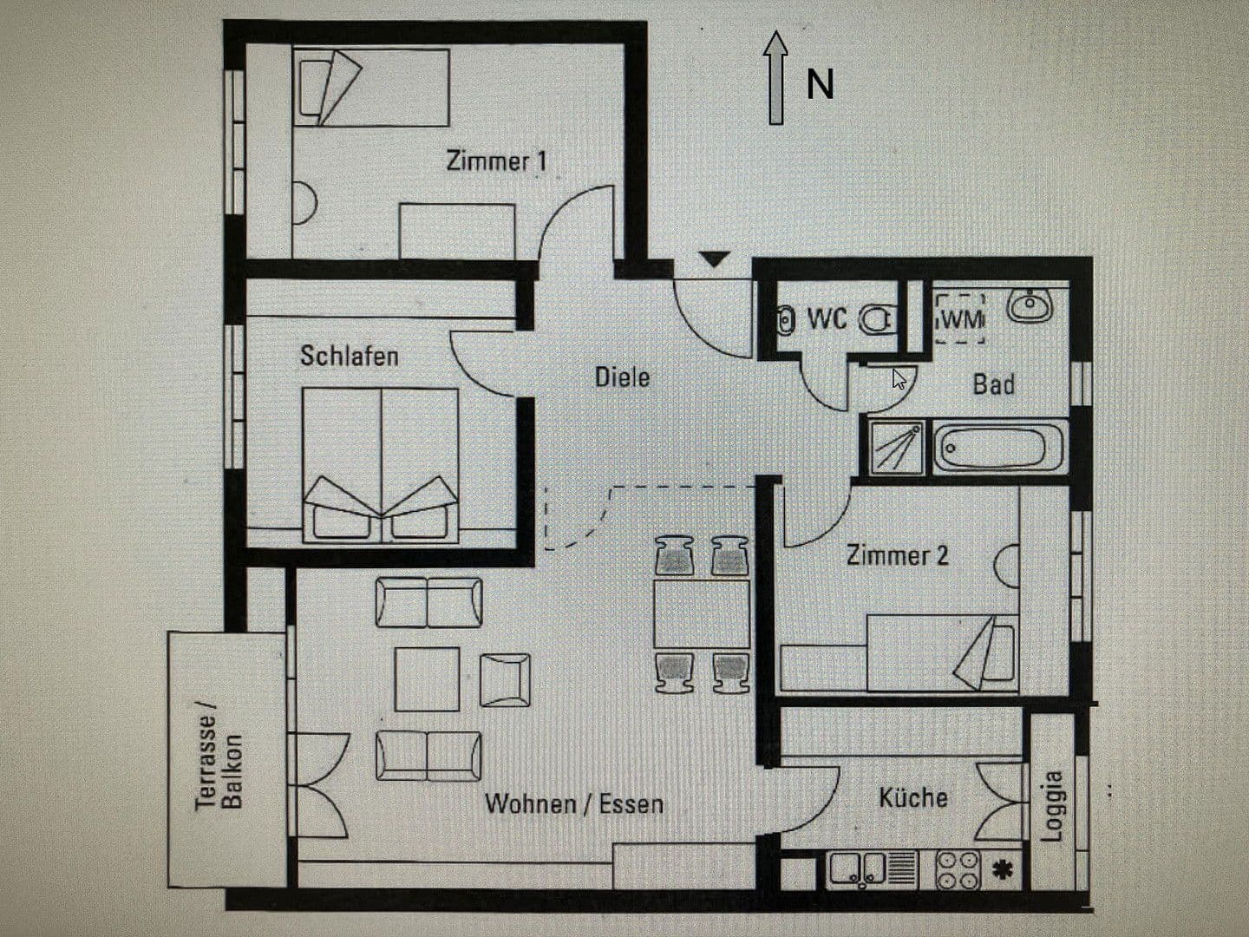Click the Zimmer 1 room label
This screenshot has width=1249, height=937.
click(496, 161)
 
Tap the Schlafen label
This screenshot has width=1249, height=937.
click(349, 356)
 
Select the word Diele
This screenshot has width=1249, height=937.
click(622, 377)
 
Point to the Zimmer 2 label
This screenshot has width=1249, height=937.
click(897, 555)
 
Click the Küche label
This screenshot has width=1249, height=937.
click(912, 797)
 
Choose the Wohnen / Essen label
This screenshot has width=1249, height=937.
click(573, 804)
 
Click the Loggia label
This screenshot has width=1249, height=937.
click(1051, 806)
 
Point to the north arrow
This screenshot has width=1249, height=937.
click(775, 78)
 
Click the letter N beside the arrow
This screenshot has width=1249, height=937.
click(821, 85)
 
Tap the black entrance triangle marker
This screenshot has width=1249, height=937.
click(714, 259)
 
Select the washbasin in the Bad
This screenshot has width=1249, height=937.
click(1030, 305)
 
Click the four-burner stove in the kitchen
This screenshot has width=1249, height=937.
click(958, 870)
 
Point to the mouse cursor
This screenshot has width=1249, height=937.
click(899, 379)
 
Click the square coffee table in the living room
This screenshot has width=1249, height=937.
click(428, 678)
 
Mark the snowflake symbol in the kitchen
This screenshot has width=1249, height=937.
click(1003, 869)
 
